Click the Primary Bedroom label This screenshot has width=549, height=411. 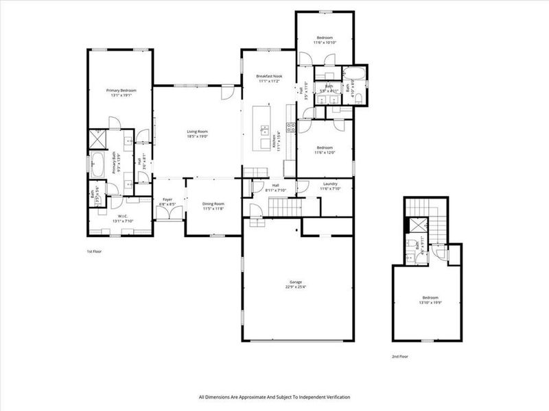(121, 90)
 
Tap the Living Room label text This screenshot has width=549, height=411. (198, 132)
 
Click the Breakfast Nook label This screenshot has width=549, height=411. (270, 76)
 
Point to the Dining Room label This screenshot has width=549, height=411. (213, 203)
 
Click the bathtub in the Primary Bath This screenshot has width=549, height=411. (97, 165)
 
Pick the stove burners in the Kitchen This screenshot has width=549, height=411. (290, 126)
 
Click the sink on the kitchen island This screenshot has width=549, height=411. (264, 129)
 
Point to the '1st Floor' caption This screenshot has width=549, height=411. (94, 251)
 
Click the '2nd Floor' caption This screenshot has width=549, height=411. (399, 357)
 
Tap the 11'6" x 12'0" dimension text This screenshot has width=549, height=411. (325, 152)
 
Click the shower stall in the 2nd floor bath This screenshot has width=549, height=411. (416, 224)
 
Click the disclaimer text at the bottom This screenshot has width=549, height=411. (274, 397)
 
